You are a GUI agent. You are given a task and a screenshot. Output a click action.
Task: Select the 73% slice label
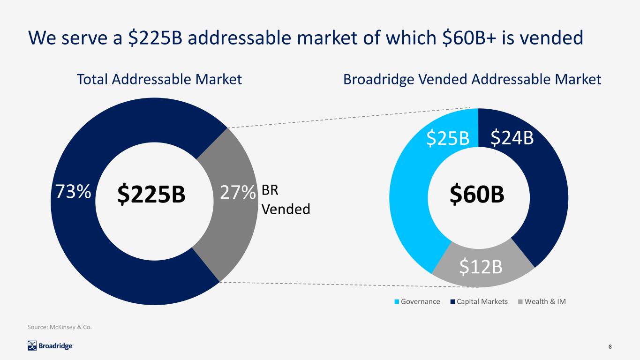click(x=72, y=191)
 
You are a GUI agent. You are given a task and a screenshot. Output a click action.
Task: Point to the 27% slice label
click(x=238, y=192)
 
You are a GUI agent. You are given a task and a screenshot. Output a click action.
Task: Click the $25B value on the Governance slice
click(x=448, y=138)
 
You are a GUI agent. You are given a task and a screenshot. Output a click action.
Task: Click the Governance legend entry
click(x=417, y=301)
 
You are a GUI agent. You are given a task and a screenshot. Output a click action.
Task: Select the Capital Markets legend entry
click(x=480, y=301)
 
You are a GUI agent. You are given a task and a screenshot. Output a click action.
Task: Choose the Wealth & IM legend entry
click(x=542, y=301)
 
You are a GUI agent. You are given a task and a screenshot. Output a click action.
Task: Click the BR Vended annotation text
click(x=285, y=200)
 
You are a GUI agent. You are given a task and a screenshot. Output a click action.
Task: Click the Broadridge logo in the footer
click(x=50, y=346)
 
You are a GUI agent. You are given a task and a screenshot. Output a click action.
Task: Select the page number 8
click(x=610, y=346)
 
